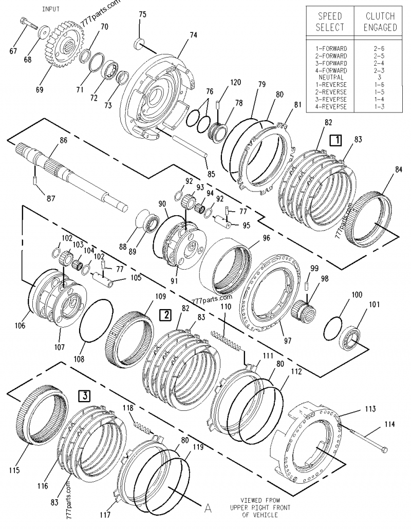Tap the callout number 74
pos(193,35)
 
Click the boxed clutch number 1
pos(335,139)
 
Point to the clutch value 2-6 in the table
pos(380,48)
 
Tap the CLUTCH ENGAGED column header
pos(380,22)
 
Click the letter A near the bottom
pos(208,508)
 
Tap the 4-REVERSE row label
pos(331,106)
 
